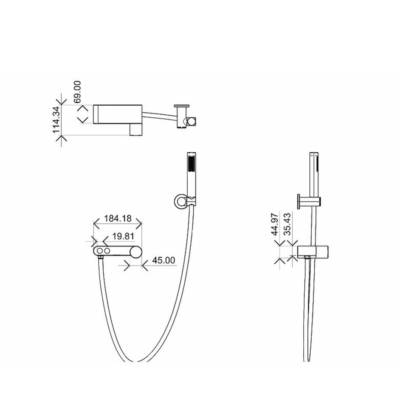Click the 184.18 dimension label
click(x=118, y=218)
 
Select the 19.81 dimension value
click(x=123, y=237)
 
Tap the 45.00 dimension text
click(x=164, y=260)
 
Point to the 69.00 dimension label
click(x=77, y=92)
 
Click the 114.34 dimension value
click(x=57, y=119)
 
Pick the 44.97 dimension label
click(x=275, y=224)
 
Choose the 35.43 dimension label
click(x=287, y=224)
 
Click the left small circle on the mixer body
click(x=100, y=251)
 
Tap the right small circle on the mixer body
click(x=107, y=251)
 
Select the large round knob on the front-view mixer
click(x=136, y=251)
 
